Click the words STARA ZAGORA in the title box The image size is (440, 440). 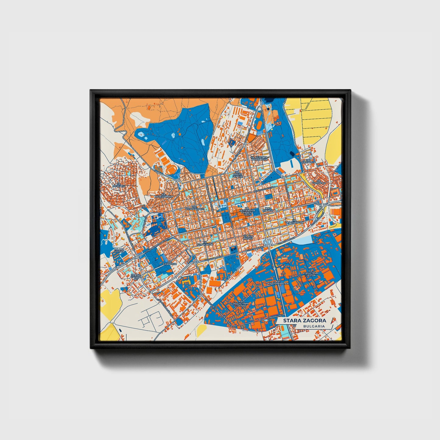pos(304,321)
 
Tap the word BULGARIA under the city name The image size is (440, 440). pos(314,326)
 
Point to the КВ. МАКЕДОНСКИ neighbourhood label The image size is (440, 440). pos(164,195)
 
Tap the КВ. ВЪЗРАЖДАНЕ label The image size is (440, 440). pos(194,208)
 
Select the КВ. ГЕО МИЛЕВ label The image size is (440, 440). pos(248,237)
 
